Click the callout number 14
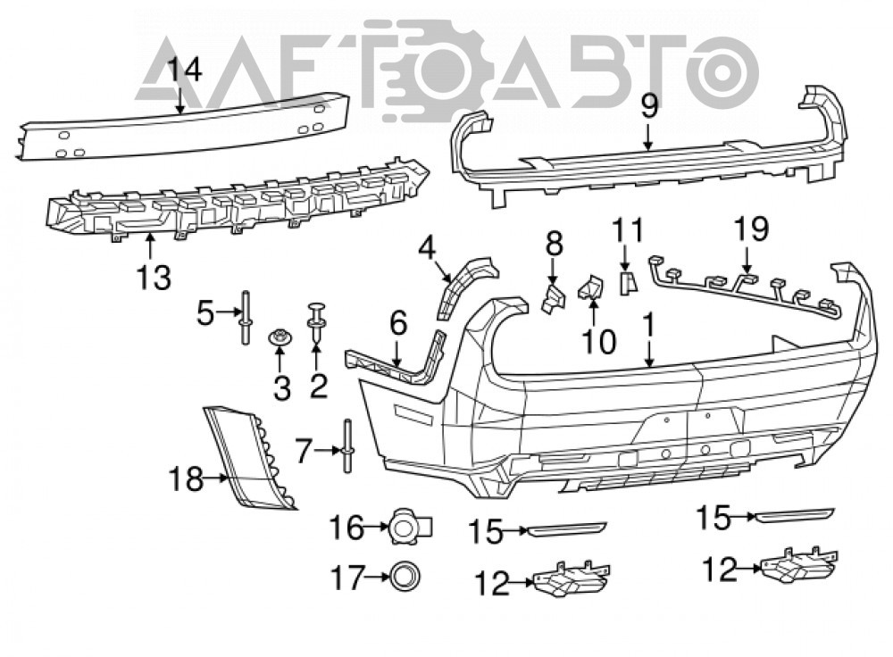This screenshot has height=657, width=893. tap(185, 71)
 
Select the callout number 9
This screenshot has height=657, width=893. tap(649, 106)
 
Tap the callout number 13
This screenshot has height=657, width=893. tap(154, 278)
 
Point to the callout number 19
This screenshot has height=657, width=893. tap(751, 229)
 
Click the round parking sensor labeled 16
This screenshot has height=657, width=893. tap(410, 528)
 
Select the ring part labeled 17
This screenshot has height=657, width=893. tap(405, 578)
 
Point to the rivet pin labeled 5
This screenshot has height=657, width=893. tap(246, 317)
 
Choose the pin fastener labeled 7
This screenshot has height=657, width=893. tap(348, 445)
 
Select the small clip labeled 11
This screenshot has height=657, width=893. tap(628, 283)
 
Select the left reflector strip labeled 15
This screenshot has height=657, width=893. tap(567, 528)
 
